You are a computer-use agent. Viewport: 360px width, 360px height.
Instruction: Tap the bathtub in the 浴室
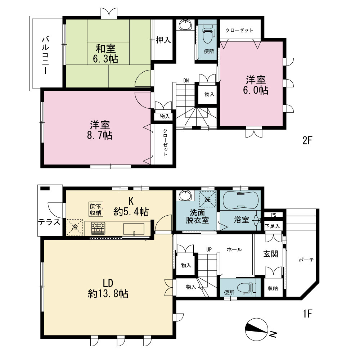[240, 201]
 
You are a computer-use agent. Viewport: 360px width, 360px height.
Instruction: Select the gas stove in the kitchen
[98, 228]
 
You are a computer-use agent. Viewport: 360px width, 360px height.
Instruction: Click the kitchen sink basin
[134, 229]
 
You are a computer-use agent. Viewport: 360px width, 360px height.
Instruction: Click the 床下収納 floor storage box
[96, 209]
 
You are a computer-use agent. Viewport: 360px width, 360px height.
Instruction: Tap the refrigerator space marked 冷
[75, 227]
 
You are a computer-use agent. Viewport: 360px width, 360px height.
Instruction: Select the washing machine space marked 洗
[208, 199]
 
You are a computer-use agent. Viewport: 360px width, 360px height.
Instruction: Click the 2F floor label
[307, 140]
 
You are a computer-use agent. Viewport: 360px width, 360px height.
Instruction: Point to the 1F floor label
[307, 314]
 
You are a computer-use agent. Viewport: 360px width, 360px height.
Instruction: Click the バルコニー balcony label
[45, 55]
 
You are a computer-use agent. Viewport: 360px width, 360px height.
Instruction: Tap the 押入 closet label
[163, 40]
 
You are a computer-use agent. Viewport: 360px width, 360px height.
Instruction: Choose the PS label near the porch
[274, 215]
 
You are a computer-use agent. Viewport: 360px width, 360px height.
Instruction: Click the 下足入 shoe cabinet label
[273, 226]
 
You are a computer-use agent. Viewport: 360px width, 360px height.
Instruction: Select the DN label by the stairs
[186, 81]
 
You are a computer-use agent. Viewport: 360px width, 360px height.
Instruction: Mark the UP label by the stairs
[209, 249]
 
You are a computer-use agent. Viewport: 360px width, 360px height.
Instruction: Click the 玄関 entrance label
[271, 254]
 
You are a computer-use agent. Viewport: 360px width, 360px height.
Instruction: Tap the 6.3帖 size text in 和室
[105, 59]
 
